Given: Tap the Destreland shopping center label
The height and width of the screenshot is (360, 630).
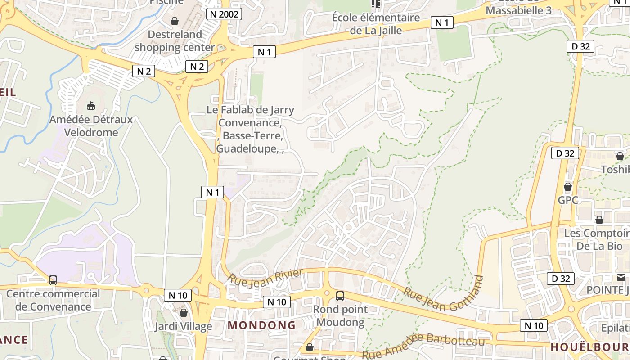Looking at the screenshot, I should pyautogui.click(x=175, y=41).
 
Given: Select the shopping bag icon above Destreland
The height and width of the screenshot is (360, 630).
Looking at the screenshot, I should pyautogui.click(x=175, y=21).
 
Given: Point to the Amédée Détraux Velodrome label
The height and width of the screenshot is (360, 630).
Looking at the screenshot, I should pyautogui.click(x=91, y=126).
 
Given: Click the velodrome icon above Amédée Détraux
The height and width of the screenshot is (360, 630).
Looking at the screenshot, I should pyautogui.click(x=91, y=106).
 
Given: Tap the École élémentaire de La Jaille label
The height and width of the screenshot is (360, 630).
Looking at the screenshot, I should pyautogui.click(x=376, y=24).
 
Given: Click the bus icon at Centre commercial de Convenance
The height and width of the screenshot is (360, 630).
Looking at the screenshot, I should pyautogui.click(x=53, y=280).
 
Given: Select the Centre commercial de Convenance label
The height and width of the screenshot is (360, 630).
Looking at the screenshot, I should pyautogui.click(x=53, y=300).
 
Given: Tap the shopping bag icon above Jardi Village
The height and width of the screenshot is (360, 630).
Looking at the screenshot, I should pyautogui.click(x=183, y=312).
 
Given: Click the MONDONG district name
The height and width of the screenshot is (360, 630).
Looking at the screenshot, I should pyautogui.click(x=261, y=325).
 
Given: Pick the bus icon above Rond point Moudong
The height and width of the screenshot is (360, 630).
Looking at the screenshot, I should pyautogui.click(x=340, y=296).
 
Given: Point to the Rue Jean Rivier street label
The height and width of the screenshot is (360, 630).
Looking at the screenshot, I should pyautogui.click(x=265, y=276).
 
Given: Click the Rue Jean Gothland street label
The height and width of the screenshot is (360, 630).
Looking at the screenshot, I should pyautogui.click(x=443, y=294).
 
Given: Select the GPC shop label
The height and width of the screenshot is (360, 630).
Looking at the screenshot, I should pyautogui.click(x=568, y=200).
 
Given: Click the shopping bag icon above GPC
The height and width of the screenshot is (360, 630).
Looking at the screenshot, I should pyautogui.click(x=568, y=186).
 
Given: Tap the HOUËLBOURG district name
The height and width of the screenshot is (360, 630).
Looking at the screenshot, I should pyautogui.click(x=589, y=347).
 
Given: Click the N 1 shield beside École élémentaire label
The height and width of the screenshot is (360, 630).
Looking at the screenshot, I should pyautogui.click(x=441, y=22).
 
